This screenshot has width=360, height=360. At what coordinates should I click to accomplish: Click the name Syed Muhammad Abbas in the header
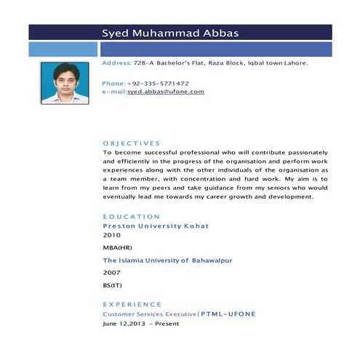tap(169, 33)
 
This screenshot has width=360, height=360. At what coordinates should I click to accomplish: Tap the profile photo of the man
tap(65, 83)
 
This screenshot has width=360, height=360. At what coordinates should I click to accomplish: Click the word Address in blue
tap(116, 63)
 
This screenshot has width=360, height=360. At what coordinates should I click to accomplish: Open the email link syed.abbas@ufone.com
tap(166, 92)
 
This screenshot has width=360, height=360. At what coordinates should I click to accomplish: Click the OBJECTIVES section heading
tap(131, 143)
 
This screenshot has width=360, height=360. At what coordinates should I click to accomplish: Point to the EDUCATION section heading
tap(131, 217)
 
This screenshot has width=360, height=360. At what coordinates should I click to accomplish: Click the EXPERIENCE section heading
tap(132, 304)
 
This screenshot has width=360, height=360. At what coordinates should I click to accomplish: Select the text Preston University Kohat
tap(156, 226)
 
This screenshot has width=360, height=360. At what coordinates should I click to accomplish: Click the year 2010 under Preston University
tap(111, 236)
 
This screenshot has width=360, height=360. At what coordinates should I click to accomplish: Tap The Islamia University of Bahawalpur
tap(160, 260)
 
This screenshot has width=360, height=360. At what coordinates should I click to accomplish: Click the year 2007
tap(111, 272)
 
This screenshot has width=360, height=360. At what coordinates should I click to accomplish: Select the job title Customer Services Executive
tap(149, 313)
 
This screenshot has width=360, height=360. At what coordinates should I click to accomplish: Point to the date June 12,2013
tap(124, 323)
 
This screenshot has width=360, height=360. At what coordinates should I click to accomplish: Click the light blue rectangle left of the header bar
tap(63, 49)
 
